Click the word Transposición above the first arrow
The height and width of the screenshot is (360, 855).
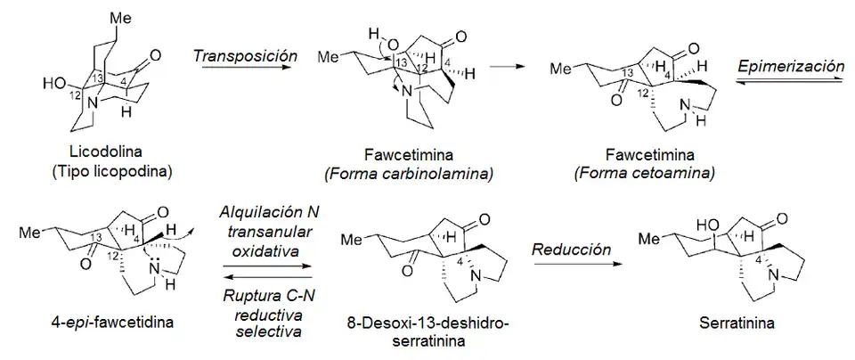244,55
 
